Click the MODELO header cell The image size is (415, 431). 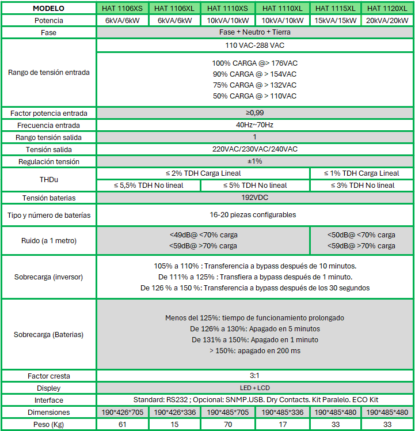(49, 8)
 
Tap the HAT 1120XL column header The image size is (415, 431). (387, 8)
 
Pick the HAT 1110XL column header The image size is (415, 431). (283, 8)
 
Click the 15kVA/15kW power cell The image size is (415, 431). (335, 20)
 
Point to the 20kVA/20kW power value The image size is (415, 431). (387, 20)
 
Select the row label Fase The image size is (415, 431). (49, 32)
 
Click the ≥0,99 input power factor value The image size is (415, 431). (254, 113)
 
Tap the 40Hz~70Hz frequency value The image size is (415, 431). (254, 125)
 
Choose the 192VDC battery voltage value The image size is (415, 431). (254, 198)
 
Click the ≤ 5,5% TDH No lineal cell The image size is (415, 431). (149, 185)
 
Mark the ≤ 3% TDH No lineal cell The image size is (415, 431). (362, 185)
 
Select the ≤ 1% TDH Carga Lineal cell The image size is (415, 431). (362, 173)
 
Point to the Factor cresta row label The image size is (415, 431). (49, 376)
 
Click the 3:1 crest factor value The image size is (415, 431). (254, 376)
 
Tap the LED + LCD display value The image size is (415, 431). (254, 388)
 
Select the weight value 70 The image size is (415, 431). (229, 424)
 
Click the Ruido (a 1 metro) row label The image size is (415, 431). (49, 240)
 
